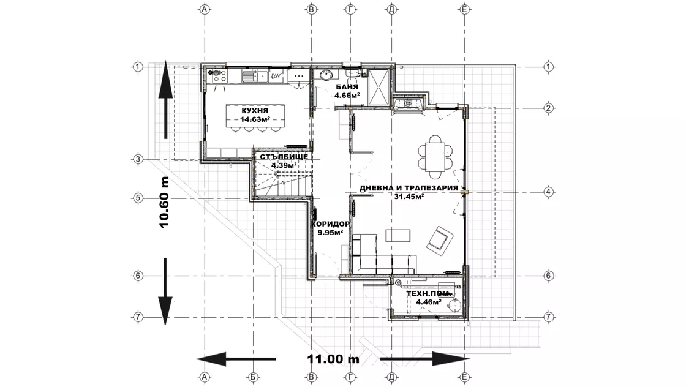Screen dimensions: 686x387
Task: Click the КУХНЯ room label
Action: coord(255,111)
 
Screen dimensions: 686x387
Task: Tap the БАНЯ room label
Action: coord(347,87)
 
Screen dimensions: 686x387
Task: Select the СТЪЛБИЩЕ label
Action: coord(284,157)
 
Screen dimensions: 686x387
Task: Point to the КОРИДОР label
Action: coord(330,224)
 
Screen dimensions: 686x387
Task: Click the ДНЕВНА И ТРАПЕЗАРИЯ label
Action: coord(409,188)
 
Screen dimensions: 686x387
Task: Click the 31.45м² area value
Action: coord(409,197)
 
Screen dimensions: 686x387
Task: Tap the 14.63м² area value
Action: coord(255,119)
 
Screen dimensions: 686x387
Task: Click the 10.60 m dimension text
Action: coord(164,203)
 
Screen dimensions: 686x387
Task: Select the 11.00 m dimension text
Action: coord(333,359)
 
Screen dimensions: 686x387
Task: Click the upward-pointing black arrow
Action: coord(165,100)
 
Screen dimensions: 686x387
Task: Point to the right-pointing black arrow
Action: coord(424,359)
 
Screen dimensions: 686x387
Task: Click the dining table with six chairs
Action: coord(435,157)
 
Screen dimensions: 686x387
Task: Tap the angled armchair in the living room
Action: coord(440,239)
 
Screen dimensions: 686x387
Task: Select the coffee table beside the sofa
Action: coord(398,235)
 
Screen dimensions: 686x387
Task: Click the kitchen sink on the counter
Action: coord(249,77)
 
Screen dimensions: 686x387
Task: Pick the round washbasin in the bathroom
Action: coord(325,75)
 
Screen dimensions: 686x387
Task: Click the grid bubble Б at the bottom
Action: coord(254,377)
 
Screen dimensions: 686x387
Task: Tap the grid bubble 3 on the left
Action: coord(138,159)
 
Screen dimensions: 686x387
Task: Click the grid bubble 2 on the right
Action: coord(548,108)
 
